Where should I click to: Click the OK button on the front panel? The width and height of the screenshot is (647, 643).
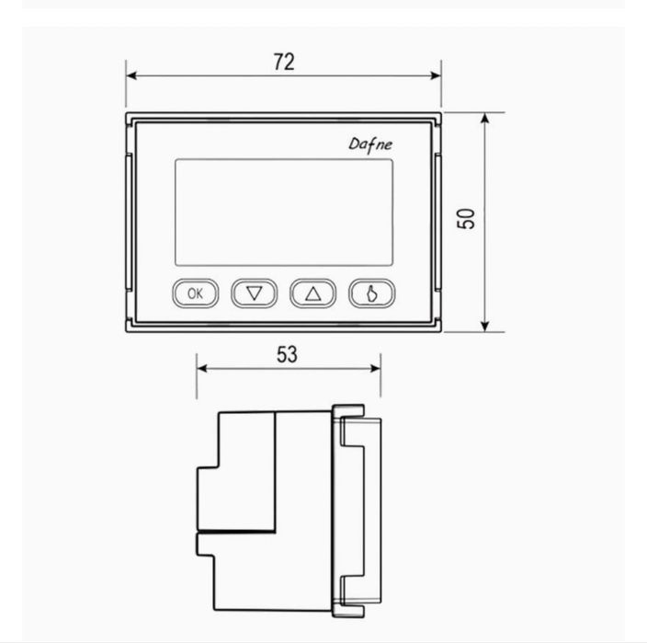(x=195, y=293)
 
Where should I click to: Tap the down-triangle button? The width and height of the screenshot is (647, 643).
(x=255, y=293)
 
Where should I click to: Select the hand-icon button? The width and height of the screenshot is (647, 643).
(x=372, y=293)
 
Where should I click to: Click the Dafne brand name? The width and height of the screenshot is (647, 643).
(x=370, y=144)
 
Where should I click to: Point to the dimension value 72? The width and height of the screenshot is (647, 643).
(x=284, y=62)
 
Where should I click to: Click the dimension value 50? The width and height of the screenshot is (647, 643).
(x=466, y=218)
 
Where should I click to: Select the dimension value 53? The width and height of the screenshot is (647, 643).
(x=287, y=354)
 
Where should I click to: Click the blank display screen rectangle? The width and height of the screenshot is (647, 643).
(x=284, y=212)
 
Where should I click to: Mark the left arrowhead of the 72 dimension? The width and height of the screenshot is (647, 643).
(x=131, y=75)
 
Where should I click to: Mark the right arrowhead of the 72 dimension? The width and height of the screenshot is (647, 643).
(x=436, y=75)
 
